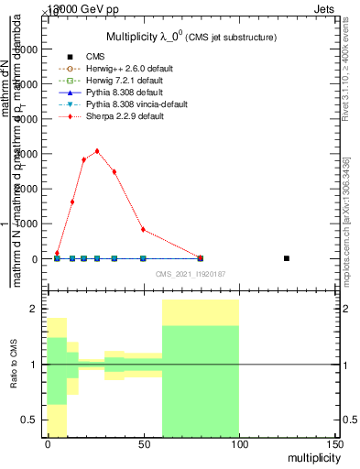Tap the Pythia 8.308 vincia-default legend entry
pyautogui.click(x=129, y=106)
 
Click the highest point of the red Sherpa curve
pyautogui.click(x=97, y=151)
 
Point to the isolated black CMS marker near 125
pyautogui.click(x=287, y=258)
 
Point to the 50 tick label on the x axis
pyautogui.click(x=143, y=444)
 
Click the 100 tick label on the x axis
pyautogui.click(x=238, y=444)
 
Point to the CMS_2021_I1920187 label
pyautogui.click(x=190, y=273)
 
